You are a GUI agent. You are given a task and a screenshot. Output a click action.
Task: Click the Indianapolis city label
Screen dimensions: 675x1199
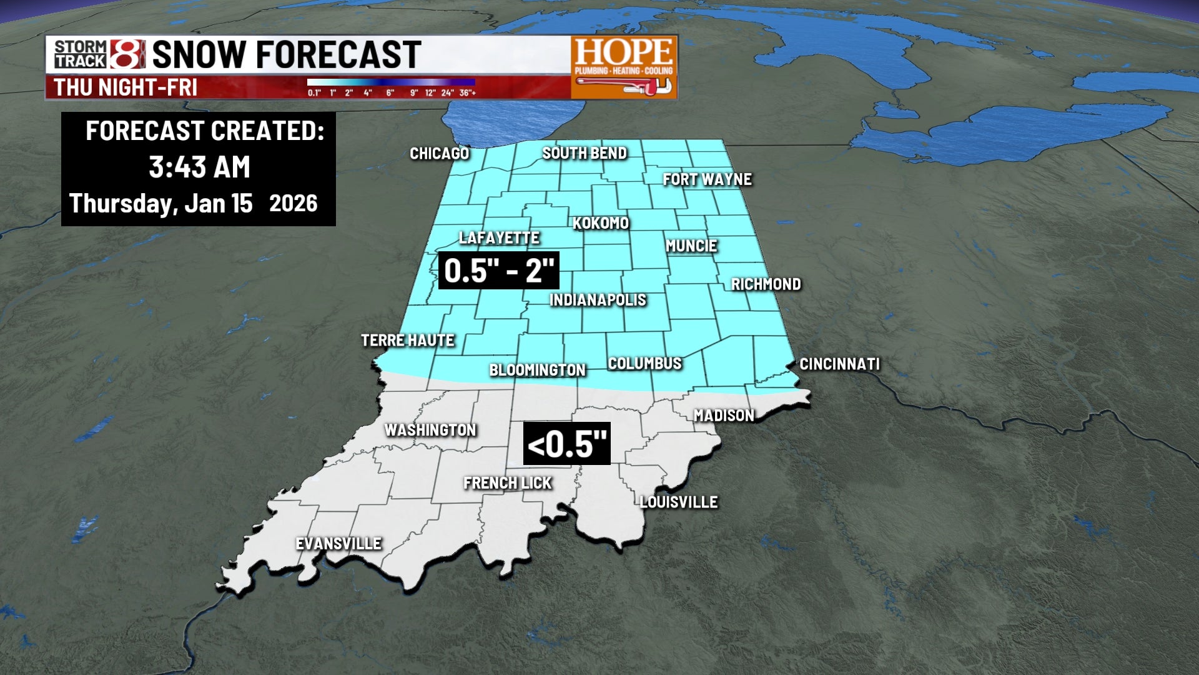(598, 300)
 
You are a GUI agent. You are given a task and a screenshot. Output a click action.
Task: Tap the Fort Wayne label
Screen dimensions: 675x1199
(707, 179)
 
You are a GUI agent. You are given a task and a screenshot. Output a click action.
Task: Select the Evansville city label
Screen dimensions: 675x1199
(338, 544)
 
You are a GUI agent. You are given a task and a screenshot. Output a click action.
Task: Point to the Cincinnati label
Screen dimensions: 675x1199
(839, 364)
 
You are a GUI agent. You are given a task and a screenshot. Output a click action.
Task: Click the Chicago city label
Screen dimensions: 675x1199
(439, 154)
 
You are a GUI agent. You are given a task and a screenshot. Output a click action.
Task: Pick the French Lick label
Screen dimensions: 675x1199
(507, 483)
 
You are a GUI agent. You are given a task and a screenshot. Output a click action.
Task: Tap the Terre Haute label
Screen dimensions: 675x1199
(408, 341)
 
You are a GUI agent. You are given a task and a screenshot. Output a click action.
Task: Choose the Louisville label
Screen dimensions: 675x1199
(679, 502)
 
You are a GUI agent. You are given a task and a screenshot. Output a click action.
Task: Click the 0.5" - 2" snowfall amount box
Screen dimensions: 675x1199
(498, 271)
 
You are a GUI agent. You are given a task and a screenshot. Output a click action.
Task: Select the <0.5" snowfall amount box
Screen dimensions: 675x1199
(566, 444)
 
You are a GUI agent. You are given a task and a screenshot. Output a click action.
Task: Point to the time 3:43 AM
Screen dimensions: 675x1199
(199, 167)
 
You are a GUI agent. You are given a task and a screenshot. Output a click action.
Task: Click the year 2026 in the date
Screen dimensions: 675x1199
(293, 204)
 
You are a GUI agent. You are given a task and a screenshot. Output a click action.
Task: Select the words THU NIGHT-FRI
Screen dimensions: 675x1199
(126, 87)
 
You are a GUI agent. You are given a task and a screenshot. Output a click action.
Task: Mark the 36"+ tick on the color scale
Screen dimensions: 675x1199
(467, 93)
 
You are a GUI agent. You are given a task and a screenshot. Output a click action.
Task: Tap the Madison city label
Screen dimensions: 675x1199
(724, 416)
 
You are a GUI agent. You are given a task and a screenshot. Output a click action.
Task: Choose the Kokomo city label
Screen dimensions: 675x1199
(600, 223)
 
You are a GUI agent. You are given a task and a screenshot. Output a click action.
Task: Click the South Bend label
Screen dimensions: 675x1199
(584, 153)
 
